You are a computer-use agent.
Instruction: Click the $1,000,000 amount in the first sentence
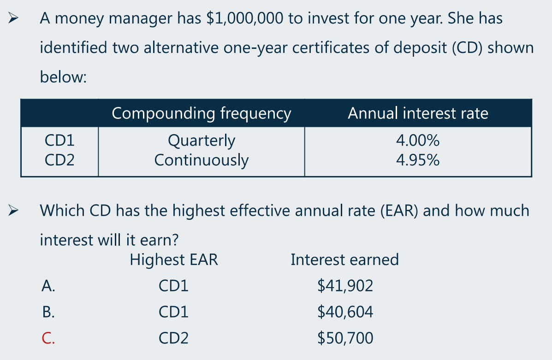[x=245, y=18]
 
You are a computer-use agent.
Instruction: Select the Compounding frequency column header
[x=202, y=114]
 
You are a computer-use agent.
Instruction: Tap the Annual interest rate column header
[x=418, y=113]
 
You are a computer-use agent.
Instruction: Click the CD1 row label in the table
[x=59, y=141]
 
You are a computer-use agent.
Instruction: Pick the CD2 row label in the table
[x=59, y=160]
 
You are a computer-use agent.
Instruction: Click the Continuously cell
[x=202, y=160]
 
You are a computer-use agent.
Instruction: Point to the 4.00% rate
[x=418, y=141]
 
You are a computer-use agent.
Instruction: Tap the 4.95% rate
[x=418, y=160]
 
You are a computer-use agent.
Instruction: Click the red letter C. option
[x=48, y=338]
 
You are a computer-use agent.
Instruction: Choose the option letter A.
[x=48, y=286]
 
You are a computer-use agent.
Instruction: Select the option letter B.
[x=48, y=312]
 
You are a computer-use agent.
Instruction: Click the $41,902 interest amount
[x=345, y=286]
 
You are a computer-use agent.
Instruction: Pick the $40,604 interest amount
[x=345, y=312]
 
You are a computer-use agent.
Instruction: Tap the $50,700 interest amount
[x=345, y=338]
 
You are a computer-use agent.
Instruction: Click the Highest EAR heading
[x=174, y=260]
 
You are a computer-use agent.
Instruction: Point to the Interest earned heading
[x=344, y=260]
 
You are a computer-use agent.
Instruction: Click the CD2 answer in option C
[x=173, y=338]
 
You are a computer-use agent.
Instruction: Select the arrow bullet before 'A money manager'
[x=13, y=18]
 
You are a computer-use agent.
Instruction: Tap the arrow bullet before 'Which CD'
[x=13, y=211]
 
